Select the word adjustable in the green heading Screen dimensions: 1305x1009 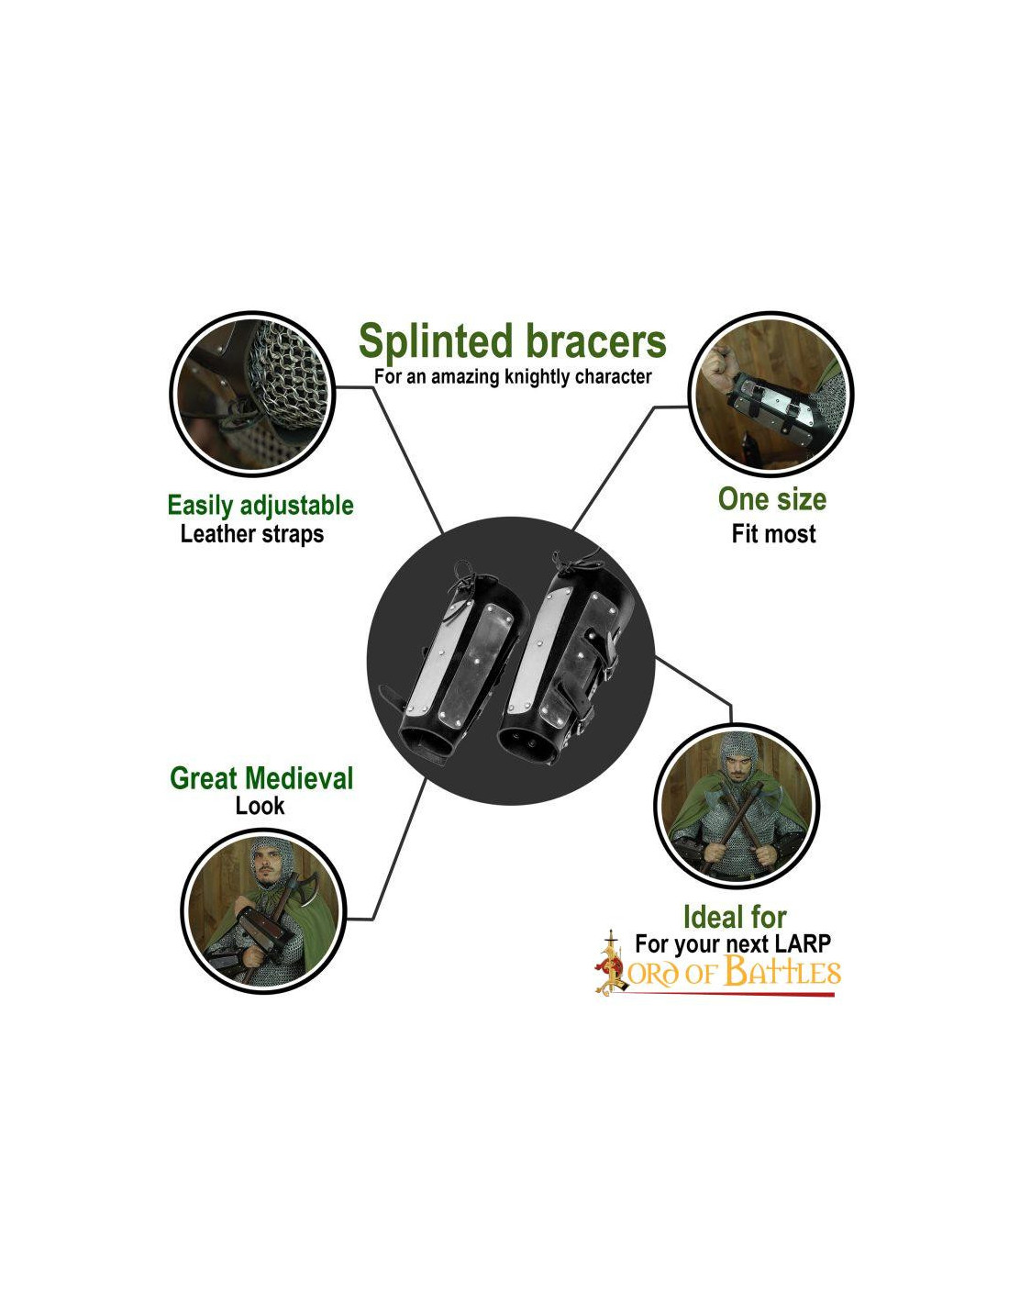pyautogui.click(x=296, y=506)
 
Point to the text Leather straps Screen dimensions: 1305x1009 pyautogui.click(x=252, y=534)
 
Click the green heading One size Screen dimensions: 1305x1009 pyautogui.click(x=771, y=499)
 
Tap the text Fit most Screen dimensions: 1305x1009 pyautogui.click(x=773, y=534)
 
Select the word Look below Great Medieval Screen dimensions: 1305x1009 pyautogui.click(x=260, y=806)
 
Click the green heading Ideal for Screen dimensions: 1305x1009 pyautogui.click(x=735, y=917)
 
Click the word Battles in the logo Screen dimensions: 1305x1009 pyautogui.click(x=782, y=972)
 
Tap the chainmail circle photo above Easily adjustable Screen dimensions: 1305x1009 pyautogui.click(x=253, y=393)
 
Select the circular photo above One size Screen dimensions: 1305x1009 pyautogui.click(x=771, y=393)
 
